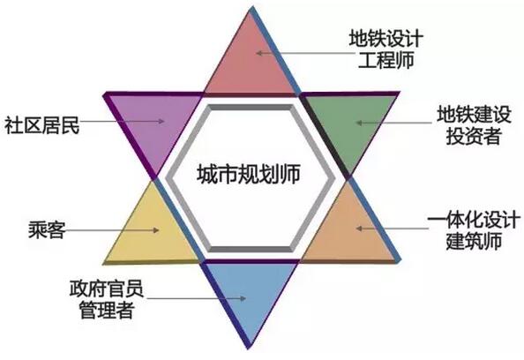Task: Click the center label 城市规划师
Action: [x=248, y=174]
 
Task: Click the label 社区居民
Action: [x=42, y=124]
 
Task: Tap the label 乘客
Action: [x=47, y=229]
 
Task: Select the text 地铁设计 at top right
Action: [x=386, y=39]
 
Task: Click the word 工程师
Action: [x=386, y=60]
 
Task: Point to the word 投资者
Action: [x=474, y=136]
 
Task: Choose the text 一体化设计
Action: [x=474, y=220]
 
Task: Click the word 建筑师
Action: [x=474, y=241]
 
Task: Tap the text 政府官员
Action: [x=107, y=289]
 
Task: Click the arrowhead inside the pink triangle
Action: [x=259, y=53]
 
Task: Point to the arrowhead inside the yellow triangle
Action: [x=156, y=230]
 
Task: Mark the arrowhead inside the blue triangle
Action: [x=243, y=298]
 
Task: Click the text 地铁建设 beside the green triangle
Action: [x=474, y=115]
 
